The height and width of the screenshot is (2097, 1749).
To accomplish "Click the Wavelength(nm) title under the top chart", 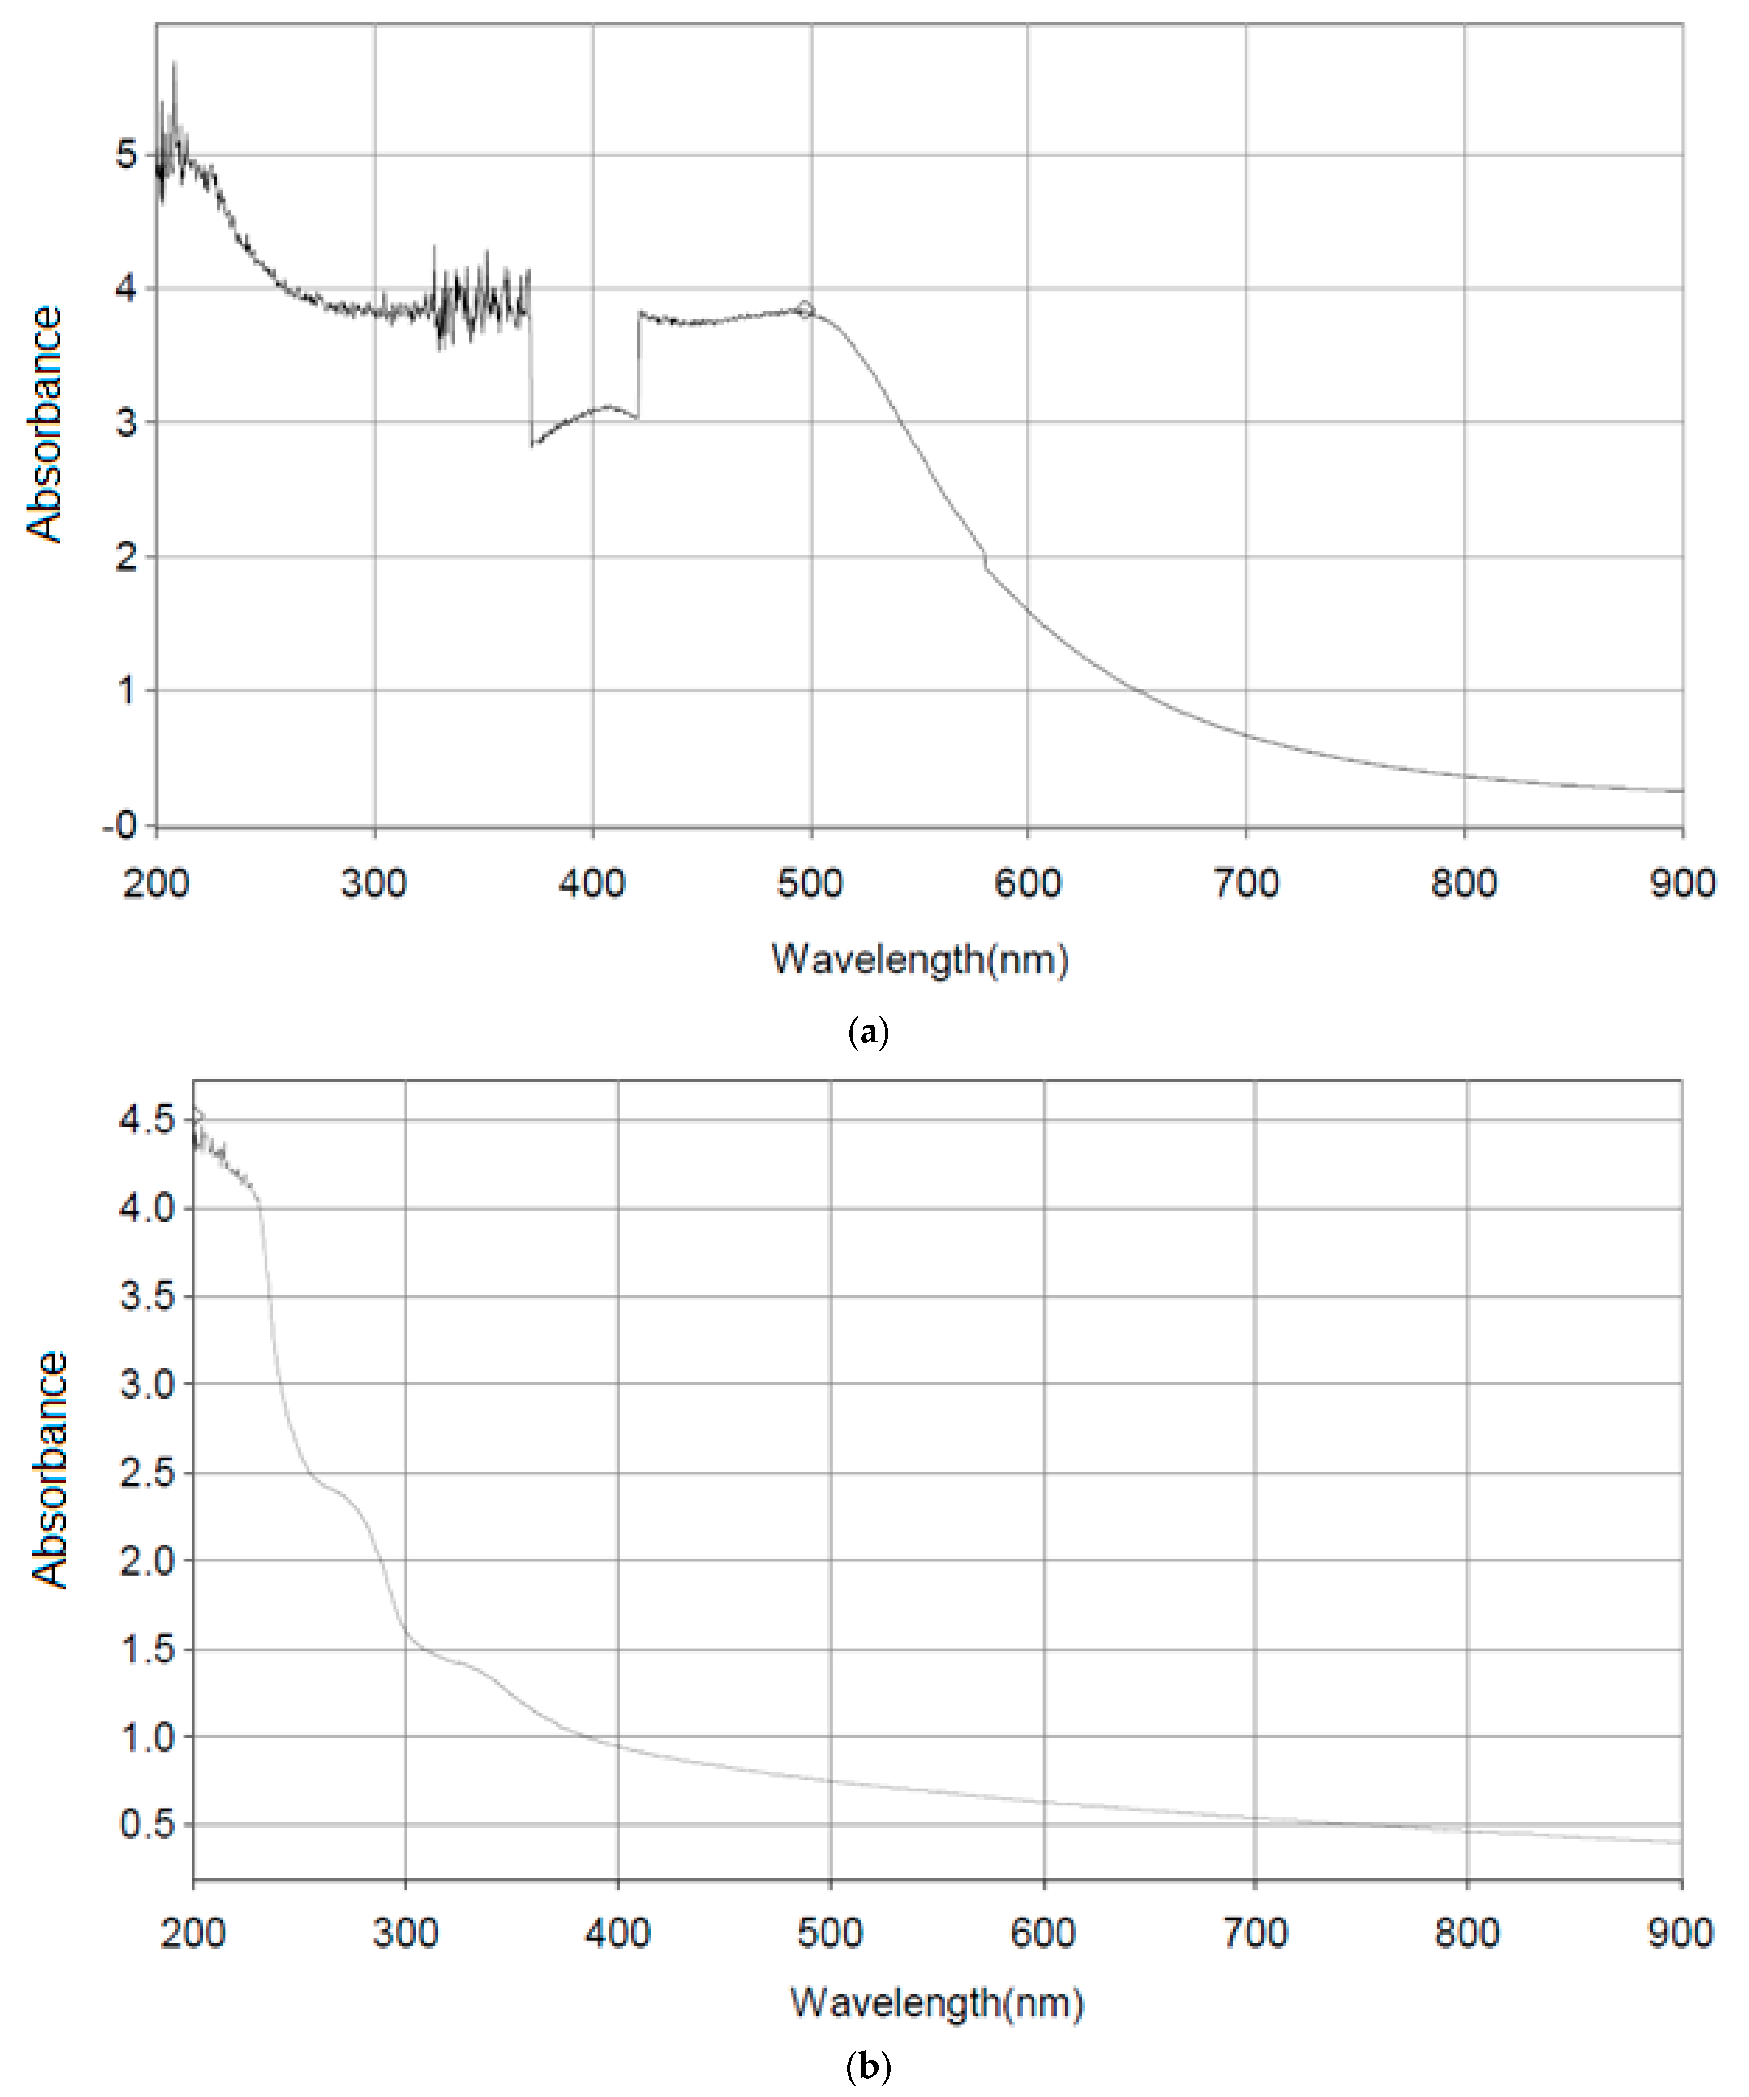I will tap(919, 960).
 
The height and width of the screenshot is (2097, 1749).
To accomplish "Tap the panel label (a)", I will tap(866, 1032).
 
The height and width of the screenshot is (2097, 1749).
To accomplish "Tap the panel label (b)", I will tap(866, 2067).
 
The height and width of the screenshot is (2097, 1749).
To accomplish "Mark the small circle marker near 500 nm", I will tap(805, 310).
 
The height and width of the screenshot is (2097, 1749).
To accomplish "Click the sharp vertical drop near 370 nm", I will tap(530, 370).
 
